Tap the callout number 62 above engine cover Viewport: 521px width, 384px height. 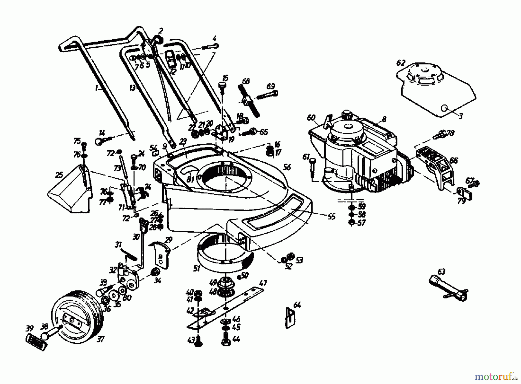(401, 63)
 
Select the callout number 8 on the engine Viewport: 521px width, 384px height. (384, 119)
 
